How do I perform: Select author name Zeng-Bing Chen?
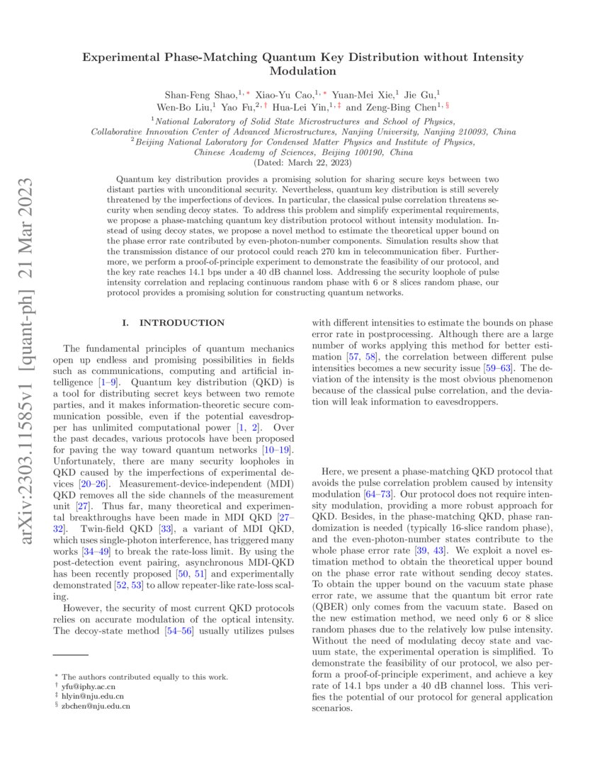tap(400, 108)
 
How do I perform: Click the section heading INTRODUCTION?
tap(182, 323)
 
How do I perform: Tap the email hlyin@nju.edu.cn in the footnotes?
tap(93, 696)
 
